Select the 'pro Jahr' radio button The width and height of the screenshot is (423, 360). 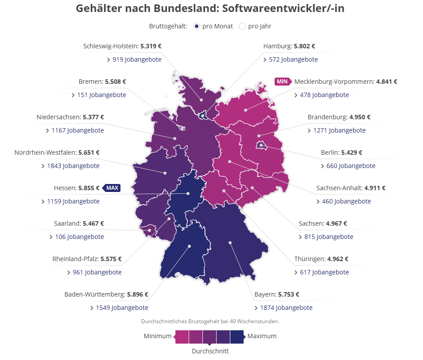(242, 26)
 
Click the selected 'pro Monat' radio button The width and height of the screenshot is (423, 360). (197, 26)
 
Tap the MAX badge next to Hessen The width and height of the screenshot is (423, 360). (112, 188)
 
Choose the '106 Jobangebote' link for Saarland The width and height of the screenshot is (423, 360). (79, 237)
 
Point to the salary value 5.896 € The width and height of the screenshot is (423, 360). (137, 294)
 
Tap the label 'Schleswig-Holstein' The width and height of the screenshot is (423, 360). (110, 46)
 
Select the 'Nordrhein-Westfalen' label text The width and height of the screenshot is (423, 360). (45, 153)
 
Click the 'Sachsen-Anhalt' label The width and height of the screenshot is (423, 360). (339, 188)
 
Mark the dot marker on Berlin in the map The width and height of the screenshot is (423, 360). (261, 145)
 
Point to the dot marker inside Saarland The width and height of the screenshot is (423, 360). (150, 230)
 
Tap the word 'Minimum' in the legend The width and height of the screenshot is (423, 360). (157, 336)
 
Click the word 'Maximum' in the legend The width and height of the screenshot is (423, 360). (262, 336)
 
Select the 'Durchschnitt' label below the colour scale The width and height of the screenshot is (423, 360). (210, 351)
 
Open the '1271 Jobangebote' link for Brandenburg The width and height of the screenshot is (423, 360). (339, 130)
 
